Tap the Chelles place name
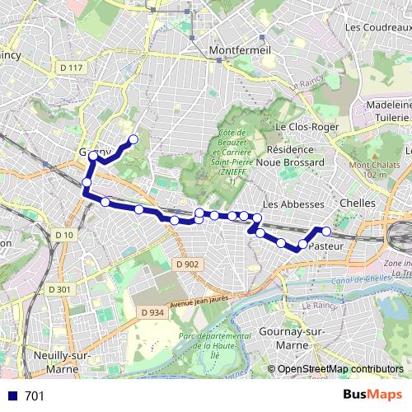click(358, 203)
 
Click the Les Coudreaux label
click(377, 27)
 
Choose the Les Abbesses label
click(287, 203)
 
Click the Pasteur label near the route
click(328, 246)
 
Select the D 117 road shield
click(73, 67)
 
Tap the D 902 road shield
click(187, 264)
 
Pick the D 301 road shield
click(59, 289)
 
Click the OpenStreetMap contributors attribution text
click(340, 368)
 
